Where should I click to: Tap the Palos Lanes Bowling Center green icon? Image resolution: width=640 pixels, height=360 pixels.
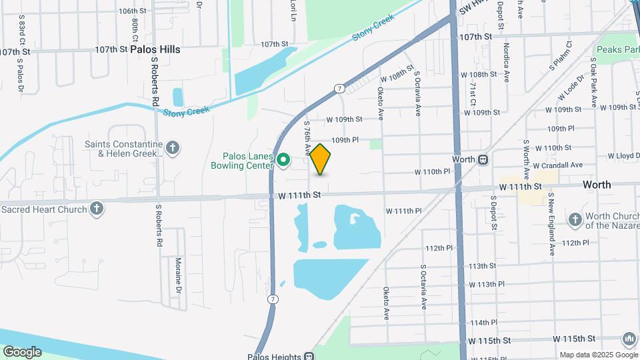[283, 159]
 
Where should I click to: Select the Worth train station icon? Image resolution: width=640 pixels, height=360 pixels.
[483, 159]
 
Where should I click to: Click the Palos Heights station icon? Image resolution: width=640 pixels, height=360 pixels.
[309, 355]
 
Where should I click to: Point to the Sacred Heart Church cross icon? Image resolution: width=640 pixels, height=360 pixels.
[97, 209]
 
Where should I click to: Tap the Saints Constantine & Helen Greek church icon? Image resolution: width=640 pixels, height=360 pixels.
[173, 147]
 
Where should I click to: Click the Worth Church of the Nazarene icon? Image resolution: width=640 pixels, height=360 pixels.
[575, 219]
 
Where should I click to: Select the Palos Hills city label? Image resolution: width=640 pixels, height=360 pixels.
[155, 49]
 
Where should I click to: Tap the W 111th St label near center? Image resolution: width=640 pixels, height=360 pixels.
[300, 195]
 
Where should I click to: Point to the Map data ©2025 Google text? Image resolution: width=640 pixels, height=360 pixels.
[597, 355]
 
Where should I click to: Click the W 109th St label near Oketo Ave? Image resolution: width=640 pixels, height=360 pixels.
[344, 119]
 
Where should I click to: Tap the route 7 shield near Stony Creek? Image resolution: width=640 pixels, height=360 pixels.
[339, 88]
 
